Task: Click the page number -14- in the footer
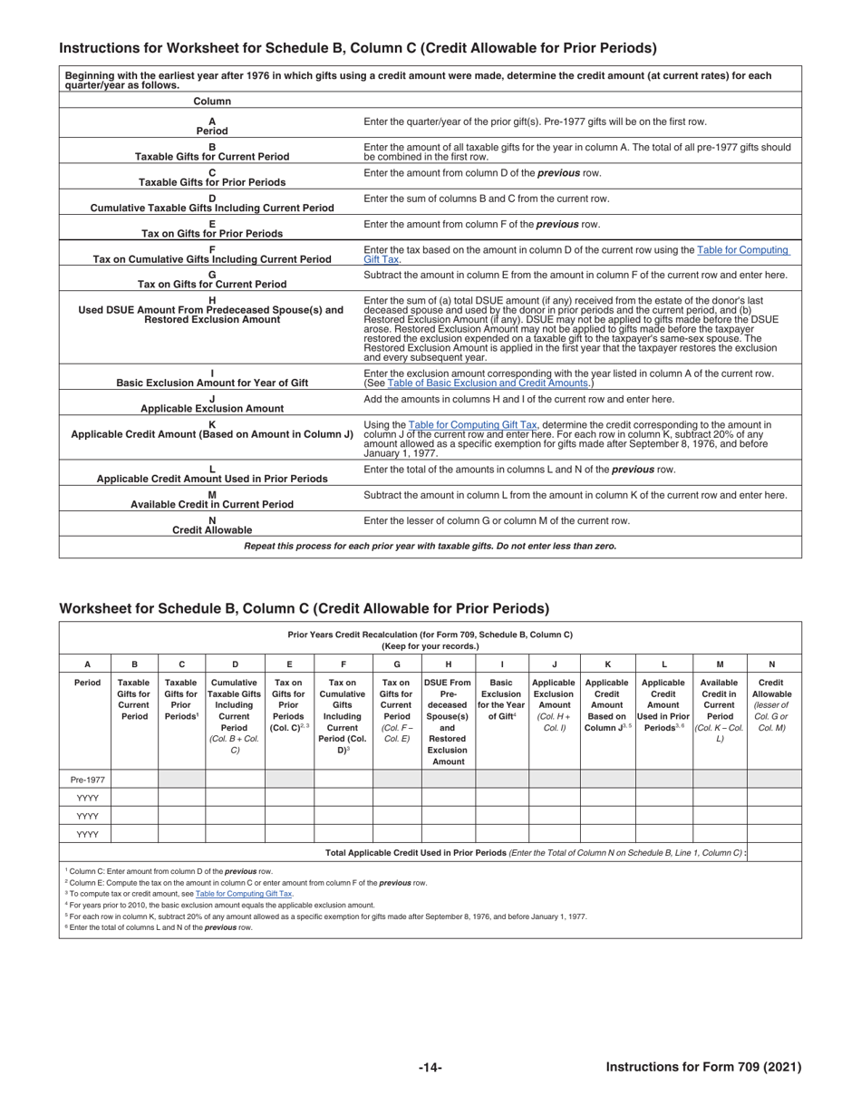430,1068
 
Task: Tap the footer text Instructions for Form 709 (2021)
703,1068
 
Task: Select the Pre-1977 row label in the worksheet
87,779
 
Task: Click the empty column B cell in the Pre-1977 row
134,779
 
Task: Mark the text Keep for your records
430,646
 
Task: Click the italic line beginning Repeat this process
430,547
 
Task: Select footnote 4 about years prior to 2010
219,905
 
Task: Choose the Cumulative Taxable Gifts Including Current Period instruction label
212,208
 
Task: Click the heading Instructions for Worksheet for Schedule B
358,48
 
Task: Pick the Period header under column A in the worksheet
87,683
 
